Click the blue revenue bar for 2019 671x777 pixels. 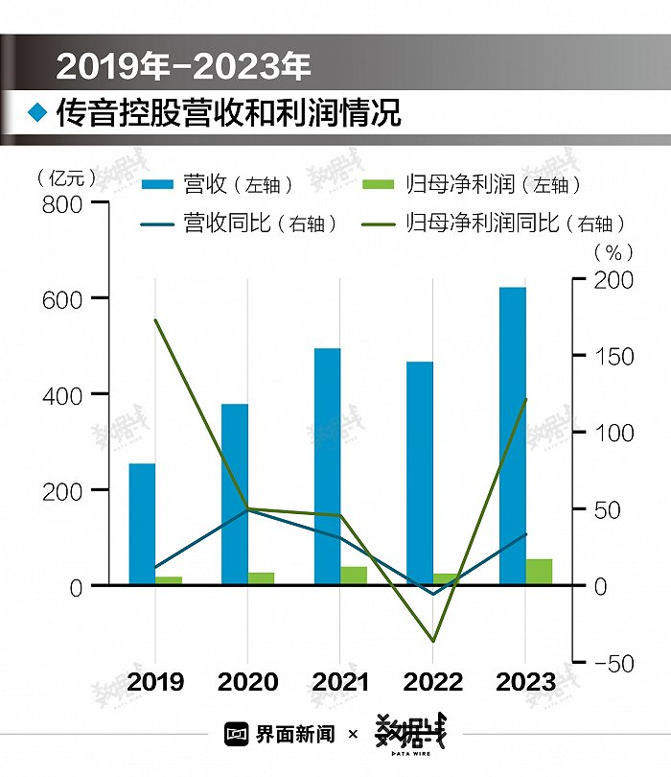click(142, 524)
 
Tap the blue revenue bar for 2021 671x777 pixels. click(327, 466)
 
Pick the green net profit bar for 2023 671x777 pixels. click(539, 572)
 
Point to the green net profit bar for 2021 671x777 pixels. click(354, 576)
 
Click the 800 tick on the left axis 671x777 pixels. click(63, 203)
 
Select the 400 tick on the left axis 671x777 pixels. click(63, 394)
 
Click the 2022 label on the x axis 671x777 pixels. click(432, 682)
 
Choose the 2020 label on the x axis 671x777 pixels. click(247, 682)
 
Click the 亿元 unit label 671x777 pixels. click(65, 177)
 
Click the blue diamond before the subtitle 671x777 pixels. click(37, 113)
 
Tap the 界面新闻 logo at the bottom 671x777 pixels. click(280, 734)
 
